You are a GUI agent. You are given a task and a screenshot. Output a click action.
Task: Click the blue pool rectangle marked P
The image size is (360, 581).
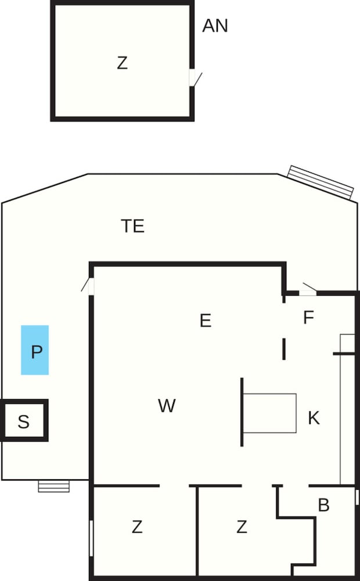pos(35,350)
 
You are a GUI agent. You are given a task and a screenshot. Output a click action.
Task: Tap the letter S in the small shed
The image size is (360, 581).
pos(24,422)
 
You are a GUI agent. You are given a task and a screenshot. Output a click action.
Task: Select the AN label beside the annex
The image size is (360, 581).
pos(215,26)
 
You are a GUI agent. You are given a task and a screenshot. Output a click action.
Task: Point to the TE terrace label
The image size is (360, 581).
pos(132,226)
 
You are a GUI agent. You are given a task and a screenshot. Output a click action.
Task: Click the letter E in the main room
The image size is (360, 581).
pos(206,320)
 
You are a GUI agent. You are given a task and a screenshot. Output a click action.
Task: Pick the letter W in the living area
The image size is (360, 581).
pos(167,406)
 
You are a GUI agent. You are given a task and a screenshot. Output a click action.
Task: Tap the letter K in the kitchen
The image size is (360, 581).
pos(314,418)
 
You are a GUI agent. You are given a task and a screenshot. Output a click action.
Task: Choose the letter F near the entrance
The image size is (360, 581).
pos(308,318)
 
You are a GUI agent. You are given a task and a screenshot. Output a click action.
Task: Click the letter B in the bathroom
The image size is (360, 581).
pos(323,505)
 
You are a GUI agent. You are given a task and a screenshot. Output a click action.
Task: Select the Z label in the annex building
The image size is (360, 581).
pos(122,63)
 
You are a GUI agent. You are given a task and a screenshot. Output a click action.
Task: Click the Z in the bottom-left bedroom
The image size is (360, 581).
pos(137,526)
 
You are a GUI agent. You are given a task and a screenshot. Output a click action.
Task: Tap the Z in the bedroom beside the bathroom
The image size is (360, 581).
pos(242,526)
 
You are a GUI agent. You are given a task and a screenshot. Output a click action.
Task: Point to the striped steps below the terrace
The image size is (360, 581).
pos(53,486)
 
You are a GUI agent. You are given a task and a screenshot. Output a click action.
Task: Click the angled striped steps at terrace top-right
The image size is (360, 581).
pos(321,182)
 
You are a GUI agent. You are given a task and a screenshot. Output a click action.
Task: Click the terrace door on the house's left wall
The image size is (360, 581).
pos(88,286)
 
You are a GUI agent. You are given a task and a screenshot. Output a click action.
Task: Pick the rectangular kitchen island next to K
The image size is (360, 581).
pos(269,413)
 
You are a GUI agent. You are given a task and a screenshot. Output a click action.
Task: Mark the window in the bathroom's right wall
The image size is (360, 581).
pos(357,497)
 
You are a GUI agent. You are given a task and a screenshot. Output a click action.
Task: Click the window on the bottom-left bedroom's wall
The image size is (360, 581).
pos(91,539)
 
